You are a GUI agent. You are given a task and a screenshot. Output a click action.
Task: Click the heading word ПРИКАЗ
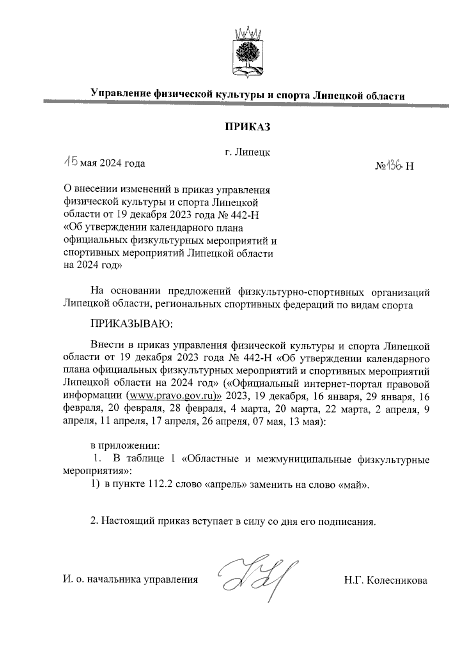[247, 127]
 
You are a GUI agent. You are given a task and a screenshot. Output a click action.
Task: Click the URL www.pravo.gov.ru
[174, 395]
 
